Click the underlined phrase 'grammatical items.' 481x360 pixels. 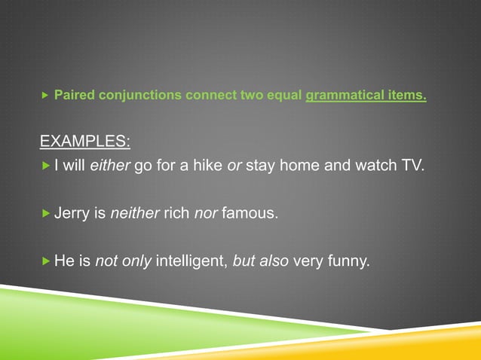click(366, 96)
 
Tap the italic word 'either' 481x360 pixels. click(110, 166)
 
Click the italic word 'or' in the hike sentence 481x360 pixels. click(233, 166)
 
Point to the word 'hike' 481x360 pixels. click(204, 166)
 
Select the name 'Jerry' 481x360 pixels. click(72, 214)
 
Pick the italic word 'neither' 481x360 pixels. click(135, 214)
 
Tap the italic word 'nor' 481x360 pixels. click(206, 214)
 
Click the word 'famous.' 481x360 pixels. click(250, 214)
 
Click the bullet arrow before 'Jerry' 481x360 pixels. click(44, 214)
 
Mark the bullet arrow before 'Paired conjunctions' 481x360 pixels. click(44, 96)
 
